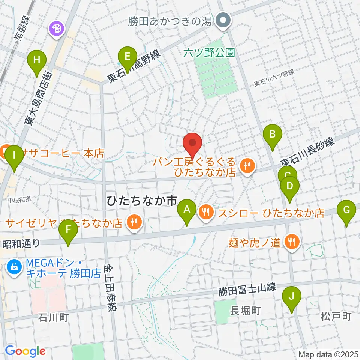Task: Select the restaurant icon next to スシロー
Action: tap(206, 213)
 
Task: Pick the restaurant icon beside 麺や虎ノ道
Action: tap(291, 242)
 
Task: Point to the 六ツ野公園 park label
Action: tap(209, 53)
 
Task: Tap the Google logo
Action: tap(25, 351)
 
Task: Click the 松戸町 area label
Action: tap(336, 316)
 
